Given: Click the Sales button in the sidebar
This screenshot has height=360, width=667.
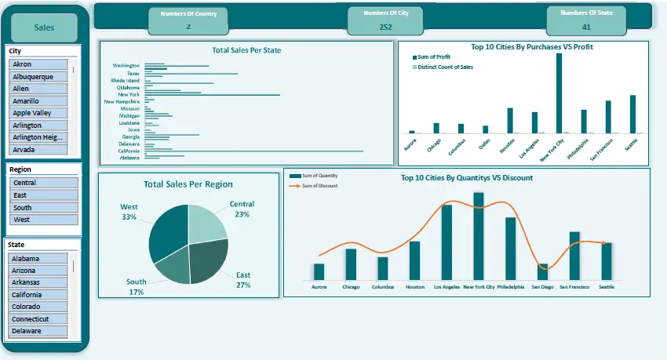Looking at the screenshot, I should pos(45,27).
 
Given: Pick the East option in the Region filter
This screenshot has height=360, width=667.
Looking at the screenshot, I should pos(44,195).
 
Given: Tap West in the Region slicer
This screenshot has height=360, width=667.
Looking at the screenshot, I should pos(44,220).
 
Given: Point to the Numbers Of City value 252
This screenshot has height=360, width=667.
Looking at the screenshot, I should pos(385,27).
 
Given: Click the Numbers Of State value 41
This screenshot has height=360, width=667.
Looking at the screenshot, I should pos(586,27).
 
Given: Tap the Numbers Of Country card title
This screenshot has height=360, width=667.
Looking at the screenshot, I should pos(188,14).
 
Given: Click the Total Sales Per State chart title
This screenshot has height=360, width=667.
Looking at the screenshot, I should pos(246,50).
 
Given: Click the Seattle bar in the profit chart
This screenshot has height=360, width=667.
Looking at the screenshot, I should pos(632,114).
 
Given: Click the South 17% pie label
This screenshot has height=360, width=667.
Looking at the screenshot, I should pos(136,286).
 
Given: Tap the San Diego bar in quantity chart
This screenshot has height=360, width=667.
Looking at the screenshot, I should pos(543,271).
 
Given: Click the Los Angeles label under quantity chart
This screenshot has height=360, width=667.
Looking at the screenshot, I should pos(446,287).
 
